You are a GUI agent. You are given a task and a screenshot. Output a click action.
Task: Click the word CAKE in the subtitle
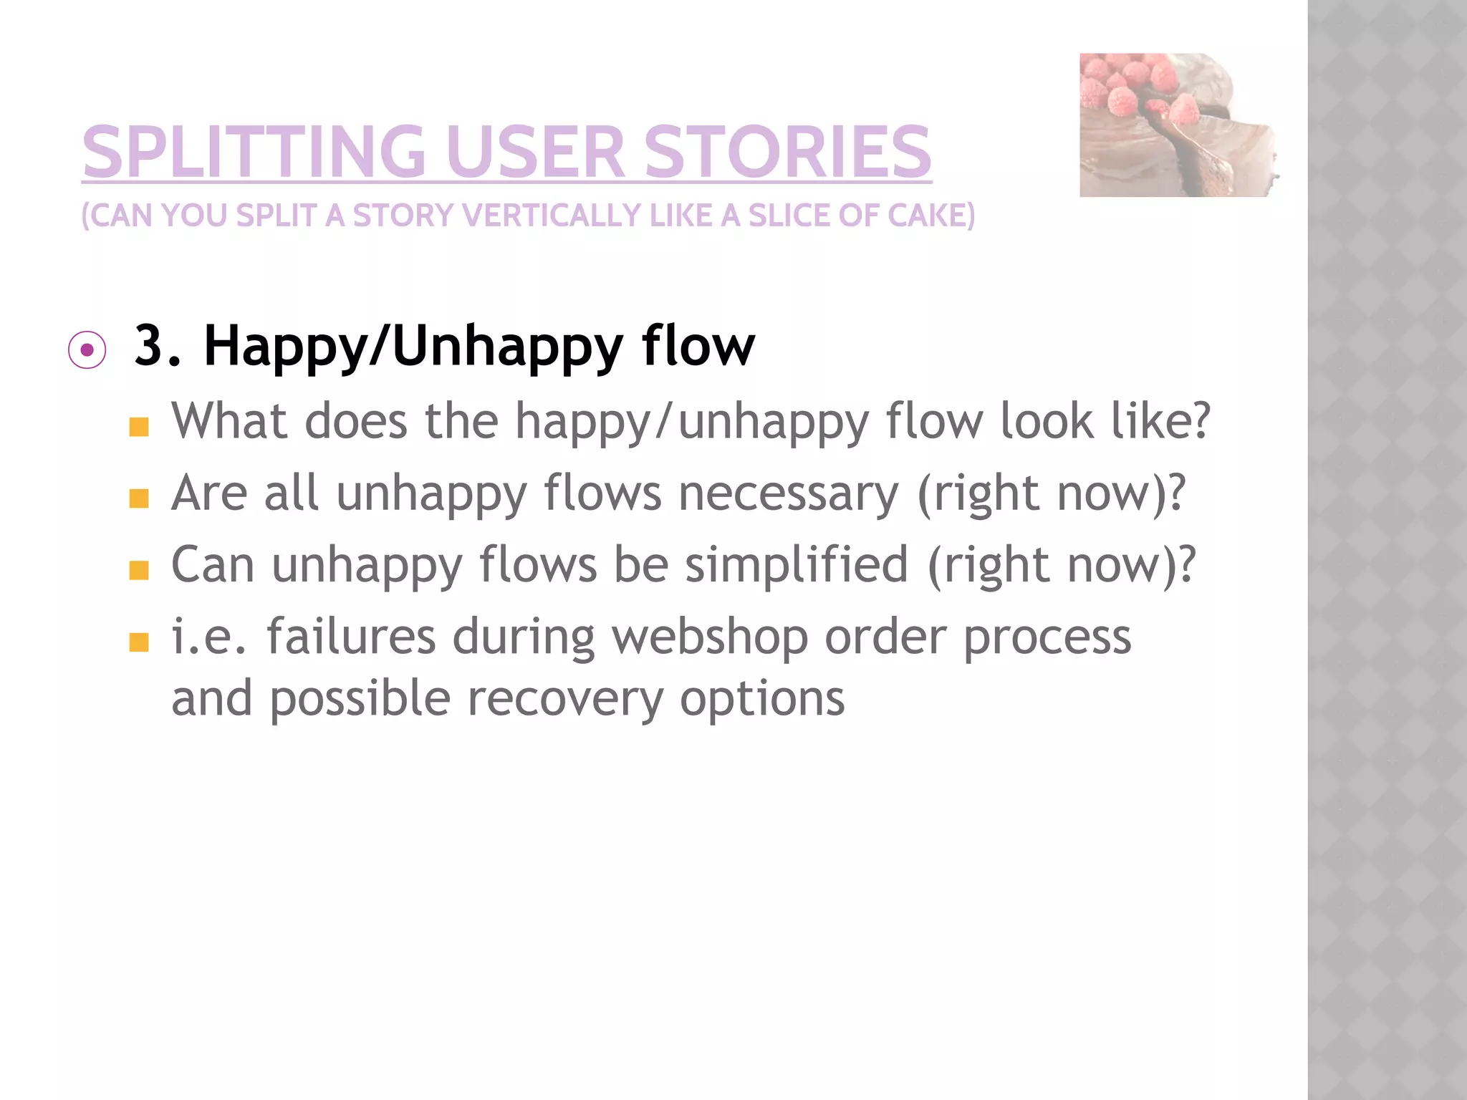click(x=930, y=216)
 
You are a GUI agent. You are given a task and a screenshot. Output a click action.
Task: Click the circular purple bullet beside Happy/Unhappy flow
click(x=87, y=350)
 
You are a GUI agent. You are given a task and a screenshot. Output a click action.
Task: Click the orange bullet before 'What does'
click(x=139, y=428)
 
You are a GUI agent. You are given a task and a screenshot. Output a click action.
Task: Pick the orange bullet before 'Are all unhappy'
click(x=139, y=498)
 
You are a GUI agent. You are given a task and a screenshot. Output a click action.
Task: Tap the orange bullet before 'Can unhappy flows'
click(x=139, y=570)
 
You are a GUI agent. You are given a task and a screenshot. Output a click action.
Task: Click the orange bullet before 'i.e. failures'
click(x=139, y=642)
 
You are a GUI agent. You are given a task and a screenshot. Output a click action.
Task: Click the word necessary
click(x=788, y=494)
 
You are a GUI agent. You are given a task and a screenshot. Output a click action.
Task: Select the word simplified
click(x=797, y=566)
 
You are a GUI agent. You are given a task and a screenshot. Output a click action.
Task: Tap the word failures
click(x=351, y=637)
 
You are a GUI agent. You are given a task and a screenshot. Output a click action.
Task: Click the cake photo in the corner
click(x=1179, y=125)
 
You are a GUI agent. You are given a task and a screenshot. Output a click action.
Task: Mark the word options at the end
click(x=762, y=699)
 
